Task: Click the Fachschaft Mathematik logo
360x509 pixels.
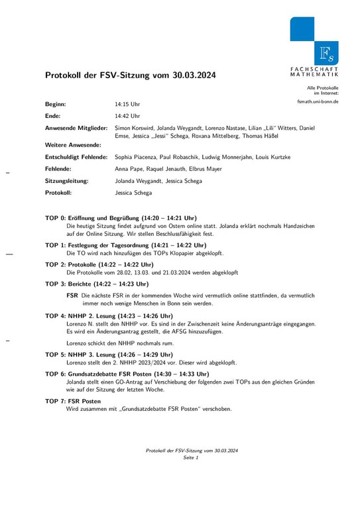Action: [x=314, y=46]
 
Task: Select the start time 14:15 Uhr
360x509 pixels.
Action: [x=127, y=105]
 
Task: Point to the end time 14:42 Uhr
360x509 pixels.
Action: [x=127, y=116]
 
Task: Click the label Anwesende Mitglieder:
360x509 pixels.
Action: [x=76, y=127]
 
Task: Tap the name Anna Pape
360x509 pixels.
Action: [x=129, y=169]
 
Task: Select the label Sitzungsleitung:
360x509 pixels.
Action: [x=67, y=181]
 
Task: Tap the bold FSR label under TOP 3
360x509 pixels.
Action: [x=73, y=295]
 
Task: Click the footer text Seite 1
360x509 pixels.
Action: [x=191, y=457]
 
